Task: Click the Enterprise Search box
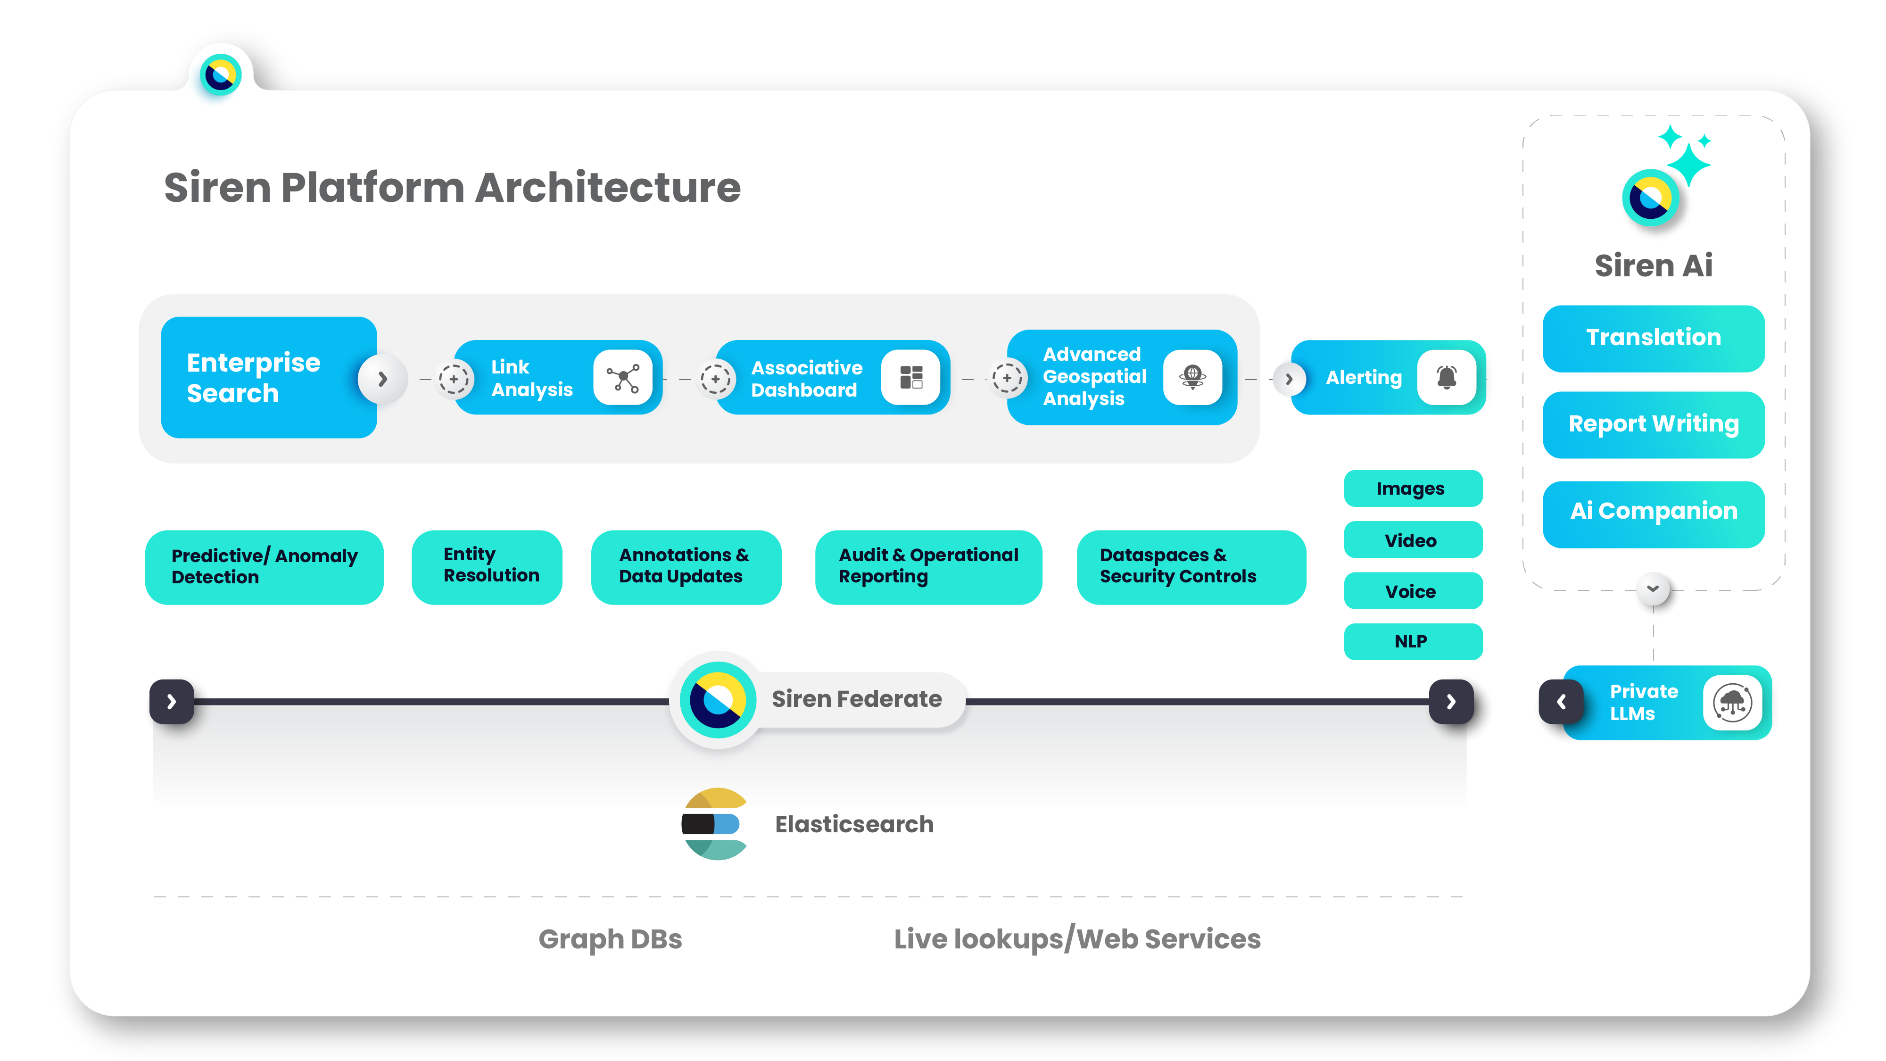tap(268, 377)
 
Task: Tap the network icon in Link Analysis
tap(622, 378)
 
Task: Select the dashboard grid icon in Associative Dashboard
tap(911, 378)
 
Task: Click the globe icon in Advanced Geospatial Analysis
tap(1192, 377)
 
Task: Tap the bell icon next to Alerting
tap(1446, 377)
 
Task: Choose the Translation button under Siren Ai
tap(1653, 338)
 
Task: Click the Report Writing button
tap(1653, 424)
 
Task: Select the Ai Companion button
tap(1653, 511)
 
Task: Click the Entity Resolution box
tap(487, 566)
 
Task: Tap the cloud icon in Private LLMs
tap(1732, 702)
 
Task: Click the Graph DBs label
tap(610, 939)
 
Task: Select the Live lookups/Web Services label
tap(1077, 939)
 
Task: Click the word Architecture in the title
tap(608, 188)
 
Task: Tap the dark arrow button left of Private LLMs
tap(1561, 702)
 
